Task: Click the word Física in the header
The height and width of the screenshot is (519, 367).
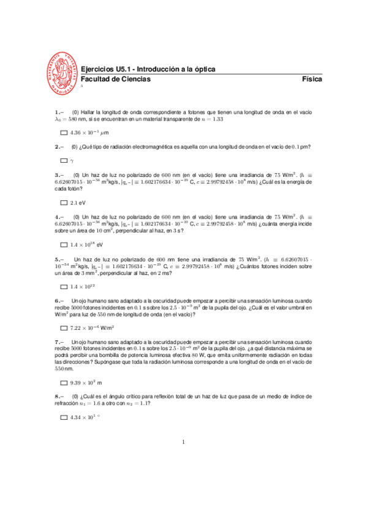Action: [x=312, y=80]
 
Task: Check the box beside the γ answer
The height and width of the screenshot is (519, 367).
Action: [x=64, y=161]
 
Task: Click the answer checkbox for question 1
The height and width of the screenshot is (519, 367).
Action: [x=64, y=133]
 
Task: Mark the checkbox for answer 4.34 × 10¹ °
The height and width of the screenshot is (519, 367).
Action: [x=64, y=417]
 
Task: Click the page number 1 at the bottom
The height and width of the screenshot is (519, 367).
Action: [x=184, y=442]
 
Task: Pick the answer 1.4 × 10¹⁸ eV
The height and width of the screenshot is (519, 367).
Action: [x=89, y=245]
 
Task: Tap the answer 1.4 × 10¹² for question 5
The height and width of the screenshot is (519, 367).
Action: [x=85, y=286]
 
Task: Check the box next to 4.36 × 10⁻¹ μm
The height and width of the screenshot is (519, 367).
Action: [x=64, y=133]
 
